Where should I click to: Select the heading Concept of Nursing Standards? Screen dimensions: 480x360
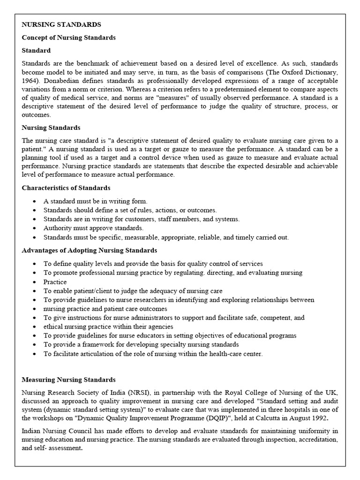(x=68, y=37)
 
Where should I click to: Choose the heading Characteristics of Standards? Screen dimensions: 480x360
(x=66, y=187)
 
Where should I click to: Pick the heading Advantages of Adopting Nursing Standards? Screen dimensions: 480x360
(x=89, y=250)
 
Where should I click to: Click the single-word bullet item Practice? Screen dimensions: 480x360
(x=55, y=282)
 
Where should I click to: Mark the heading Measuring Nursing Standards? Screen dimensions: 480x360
(x=68, y=379)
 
